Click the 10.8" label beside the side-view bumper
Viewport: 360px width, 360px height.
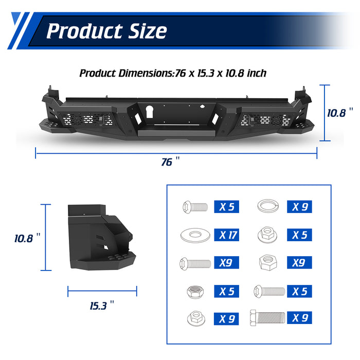click(x=27, y=238)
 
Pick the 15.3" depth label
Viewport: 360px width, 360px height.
click(x=101, y=305)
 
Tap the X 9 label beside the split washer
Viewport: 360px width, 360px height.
click(x=299, y=207)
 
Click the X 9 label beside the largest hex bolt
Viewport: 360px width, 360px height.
click(x=299, y=317)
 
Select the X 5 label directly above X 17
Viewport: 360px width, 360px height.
click(x=227, y=207)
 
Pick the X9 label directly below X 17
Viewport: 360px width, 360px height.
click(x=227, y=262)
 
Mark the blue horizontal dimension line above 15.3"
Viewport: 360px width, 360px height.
click(x=102, y=291)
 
